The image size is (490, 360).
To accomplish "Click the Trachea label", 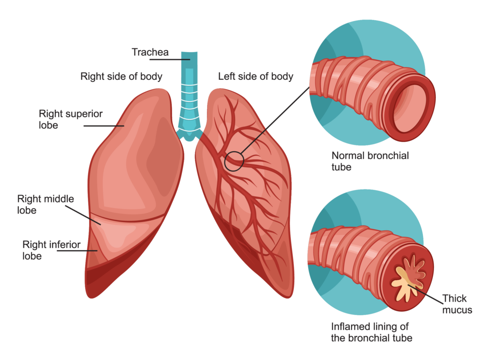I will (x=150, y=52).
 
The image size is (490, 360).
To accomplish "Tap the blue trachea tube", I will (x=190, y=96).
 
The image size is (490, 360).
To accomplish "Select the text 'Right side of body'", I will (x=121, y=76).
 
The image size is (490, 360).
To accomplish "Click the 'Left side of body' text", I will (x=256, y=76).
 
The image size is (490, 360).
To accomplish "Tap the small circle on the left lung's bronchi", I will (x=234, y=161).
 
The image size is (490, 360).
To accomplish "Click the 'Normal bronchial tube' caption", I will (x=370, y=161).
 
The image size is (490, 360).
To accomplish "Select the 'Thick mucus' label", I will (x=457, y=304).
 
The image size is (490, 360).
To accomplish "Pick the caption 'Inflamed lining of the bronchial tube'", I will (x=371, y=332).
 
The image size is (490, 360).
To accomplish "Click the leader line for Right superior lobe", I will (x=103, y=126).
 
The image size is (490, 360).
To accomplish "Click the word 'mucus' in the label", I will (x=457, y=310).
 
